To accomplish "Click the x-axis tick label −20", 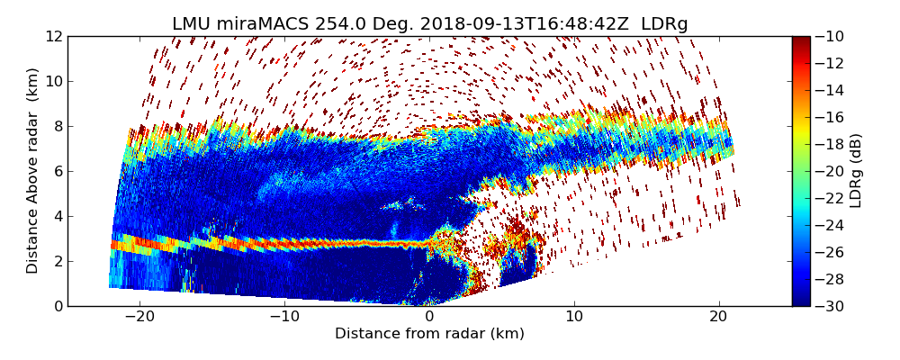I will [139, 318].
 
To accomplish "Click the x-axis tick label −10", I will [284, 318].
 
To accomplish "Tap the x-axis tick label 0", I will [429, 318].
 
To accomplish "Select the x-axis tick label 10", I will [574, 318].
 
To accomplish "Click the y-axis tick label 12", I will [53, 36].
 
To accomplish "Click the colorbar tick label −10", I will [831, 36].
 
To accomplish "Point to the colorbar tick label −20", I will [831, 171].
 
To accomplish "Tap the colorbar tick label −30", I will [831, 306].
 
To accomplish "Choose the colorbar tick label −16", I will [831, 117].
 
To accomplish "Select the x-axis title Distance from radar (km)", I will [429, 334].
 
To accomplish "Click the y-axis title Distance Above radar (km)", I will [33, 171].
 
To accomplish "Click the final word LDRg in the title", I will [664, 24].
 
